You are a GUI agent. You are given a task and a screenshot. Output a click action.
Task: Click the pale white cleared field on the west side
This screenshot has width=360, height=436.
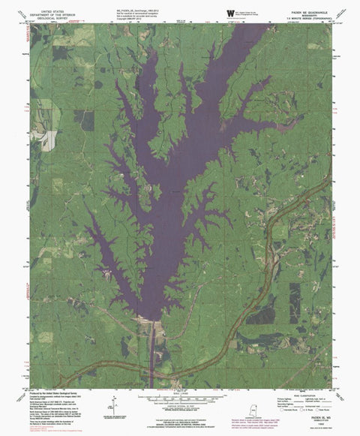49,138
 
